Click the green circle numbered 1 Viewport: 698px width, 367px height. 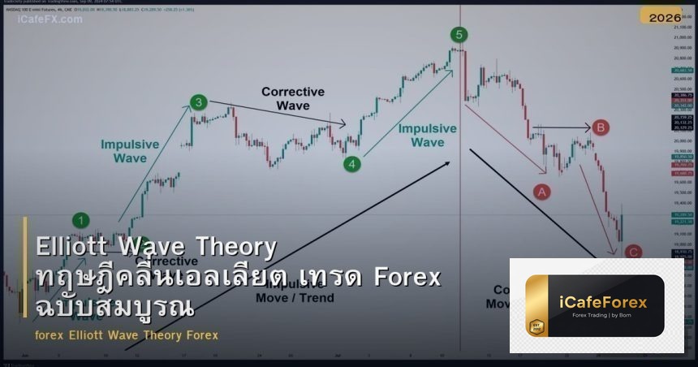coord(81,220)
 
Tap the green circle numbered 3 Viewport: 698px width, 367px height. coord(199,102)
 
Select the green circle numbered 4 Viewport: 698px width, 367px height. coord(351,164)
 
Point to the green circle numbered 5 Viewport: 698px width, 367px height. coord(459,34)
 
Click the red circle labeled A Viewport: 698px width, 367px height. coord(541,192)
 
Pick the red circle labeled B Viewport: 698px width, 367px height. coord(600,127)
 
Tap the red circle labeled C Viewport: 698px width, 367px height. coord(634,253)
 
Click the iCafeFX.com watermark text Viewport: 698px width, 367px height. coord(50,19)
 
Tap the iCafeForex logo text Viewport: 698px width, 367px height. coord(604,303)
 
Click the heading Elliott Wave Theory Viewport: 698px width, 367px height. coord(156,247)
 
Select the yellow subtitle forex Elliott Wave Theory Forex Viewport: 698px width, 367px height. coord(127,335)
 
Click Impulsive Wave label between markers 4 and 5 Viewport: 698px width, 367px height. coord(427,136)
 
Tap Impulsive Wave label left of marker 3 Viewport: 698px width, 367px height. coord(130,151)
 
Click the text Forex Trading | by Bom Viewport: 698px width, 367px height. coord(604,317)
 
